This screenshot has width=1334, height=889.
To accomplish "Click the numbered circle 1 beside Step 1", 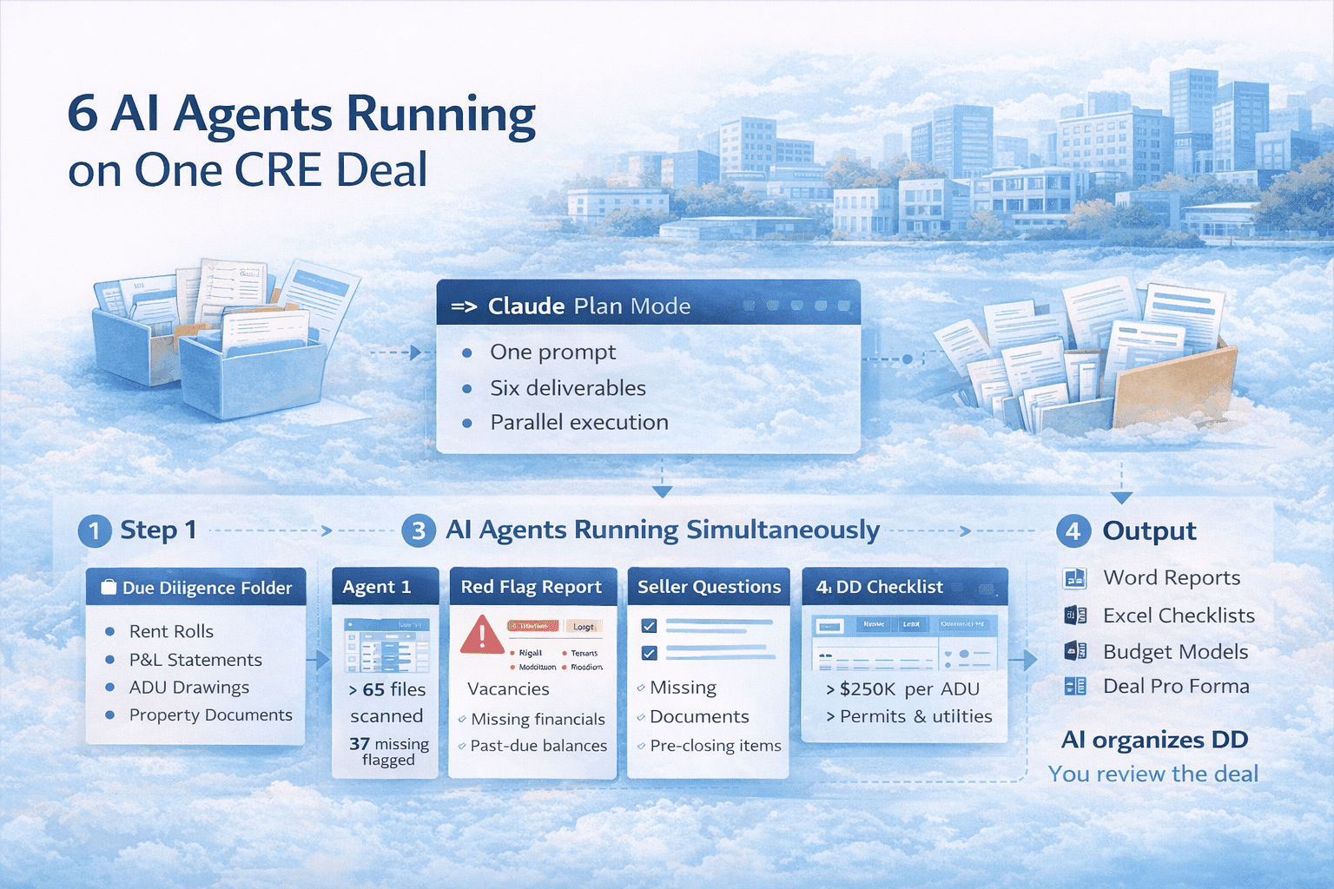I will (95, 530).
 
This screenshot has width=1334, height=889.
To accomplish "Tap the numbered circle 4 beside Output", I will (1073, 530).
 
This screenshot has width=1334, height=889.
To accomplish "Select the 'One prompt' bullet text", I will (552, 352).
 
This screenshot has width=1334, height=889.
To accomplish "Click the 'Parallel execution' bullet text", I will (578, 423).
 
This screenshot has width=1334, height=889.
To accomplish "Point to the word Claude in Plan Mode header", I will (526, 306).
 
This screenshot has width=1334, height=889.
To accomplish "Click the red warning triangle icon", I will (481, 635).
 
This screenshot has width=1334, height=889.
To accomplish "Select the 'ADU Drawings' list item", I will (188, 688).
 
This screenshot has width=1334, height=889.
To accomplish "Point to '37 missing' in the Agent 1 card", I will (388, 744).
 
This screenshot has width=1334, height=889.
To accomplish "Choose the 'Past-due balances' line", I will (538, 746).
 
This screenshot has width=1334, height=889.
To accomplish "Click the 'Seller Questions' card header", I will (709, 587).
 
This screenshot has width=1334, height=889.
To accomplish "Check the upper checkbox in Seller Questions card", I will (649, 626).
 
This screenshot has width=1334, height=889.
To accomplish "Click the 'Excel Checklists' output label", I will (1178, 616).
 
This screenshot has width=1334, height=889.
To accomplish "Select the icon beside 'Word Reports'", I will (1074, 578).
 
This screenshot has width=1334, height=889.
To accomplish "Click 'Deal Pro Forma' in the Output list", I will (1175, 687).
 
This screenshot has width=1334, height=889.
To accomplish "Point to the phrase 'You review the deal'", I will (1152, 774).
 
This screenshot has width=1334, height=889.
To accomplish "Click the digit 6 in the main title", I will (83, 115).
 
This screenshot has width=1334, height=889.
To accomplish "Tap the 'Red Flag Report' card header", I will (531, 587).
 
